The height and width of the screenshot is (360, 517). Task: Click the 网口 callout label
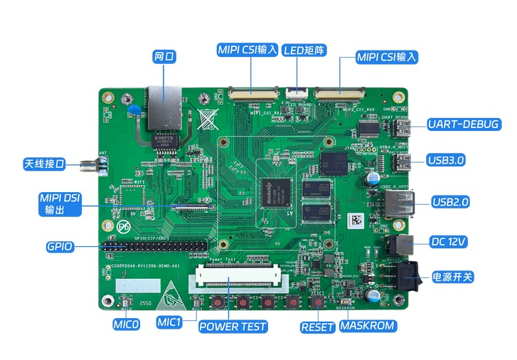coord(164,55)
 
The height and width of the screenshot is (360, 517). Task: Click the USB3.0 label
coord(446,160)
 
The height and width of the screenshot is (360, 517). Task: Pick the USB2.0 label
coord(451,202)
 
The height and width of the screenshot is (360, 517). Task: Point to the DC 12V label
coord(448,242)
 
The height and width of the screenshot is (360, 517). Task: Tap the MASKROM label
coord(367,327)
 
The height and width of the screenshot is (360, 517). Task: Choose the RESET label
coord(317,327)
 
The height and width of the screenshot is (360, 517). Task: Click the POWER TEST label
coord(233,327)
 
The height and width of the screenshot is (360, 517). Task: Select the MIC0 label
coord(126,324)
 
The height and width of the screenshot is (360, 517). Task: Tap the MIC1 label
coord(171,322)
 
